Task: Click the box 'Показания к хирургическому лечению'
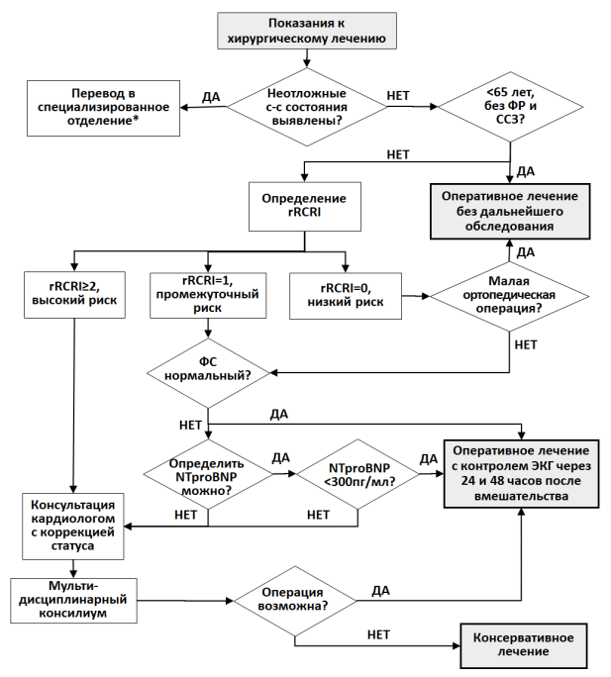307,31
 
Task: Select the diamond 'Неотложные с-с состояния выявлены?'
307,107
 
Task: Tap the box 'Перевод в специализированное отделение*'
103,108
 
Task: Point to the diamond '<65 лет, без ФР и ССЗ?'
510,106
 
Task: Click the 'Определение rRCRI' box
305,207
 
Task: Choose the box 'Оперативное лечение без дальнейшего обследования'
510,211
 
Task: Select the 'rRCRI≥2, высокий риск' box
74,295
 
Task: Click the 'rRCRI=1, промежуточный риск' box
208,295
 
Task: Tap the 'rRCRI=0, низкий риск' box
346,296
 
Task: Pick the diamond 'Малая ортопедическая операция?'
509,296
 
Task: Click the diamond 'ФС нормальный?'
208,373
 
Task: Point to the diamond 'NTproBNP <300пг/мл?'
357,474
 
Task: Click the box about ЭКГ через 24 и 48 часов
522,474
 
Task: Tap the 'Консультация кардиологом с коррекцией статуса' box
73,527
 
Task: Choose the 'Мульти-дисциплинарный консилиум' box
73,601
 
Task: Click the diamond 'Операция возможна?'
295,601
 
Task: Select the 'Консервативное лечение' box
523,645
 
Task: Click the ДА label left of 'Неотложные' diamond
211,97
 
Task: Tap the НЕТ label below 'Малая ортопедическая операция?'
526,344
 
